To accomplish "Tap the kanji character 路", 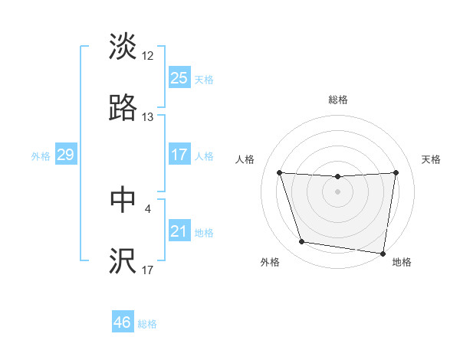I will click(123, 108).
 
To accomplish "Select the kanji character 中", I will click(123, 199).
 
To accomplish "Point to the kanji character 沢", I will click(123, 261).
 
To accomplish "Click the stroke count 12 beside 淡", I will click(148, 56).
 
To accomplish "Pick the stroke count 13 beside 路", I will click(148, 117).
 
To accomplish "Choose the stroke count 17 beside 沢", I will click(148, 270).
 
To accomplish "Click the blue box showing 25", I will click(179, 78).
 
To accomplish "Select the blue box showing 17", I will click(179, 155).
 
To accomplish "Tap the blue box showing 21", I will click(179, 231).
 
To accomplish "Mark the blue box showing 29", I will click(65, 155).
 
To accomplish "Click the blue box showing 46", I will click(123, 322).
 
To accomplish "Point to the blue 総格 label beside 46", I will click(147, 324).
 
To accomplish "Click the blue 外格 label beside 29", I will click(41, 156).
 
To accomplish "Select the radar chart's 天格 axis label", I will click(432, 159).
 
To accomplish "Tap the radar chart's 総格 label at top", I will click(338, 100).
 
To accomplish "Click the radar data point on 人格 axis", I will click(280, 172).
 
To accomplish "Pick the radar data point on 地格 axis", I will click(383, 253).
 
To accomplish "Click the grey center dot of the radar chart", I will click(338, 191).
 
